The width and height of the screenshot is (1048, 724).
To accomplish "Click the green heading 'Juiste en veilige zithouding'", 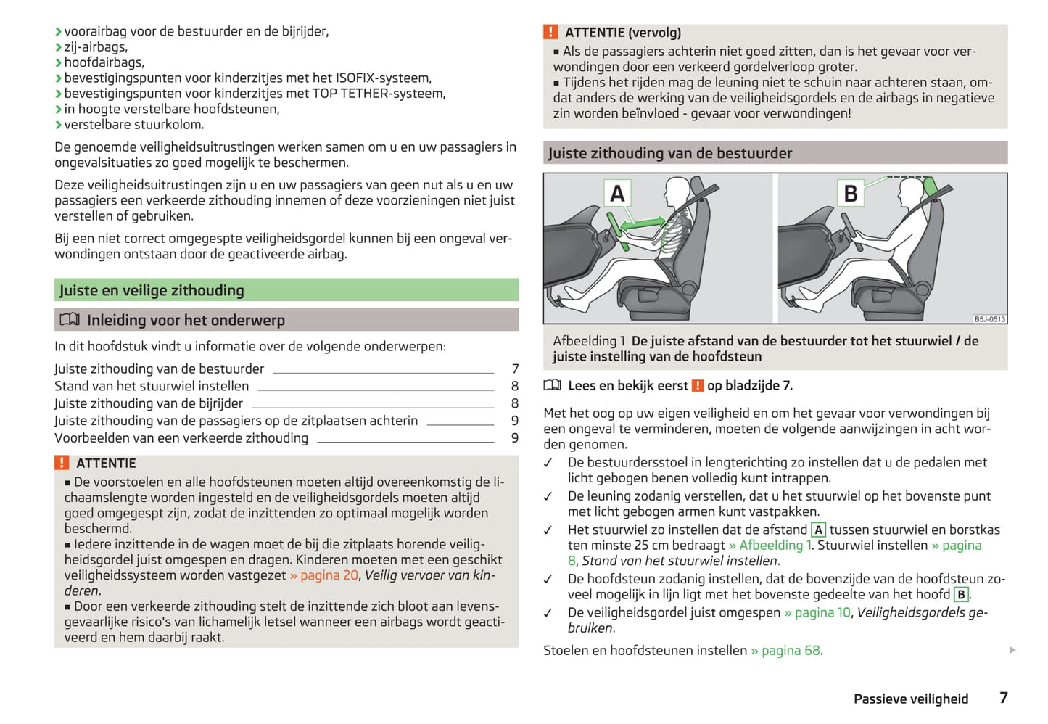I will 152,290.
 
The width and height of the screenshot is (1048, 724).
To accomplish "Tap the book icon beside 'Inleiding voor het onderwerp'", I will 70,320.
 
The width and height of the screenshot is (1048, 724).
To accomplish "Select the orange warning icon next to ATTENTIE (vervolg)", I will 551,33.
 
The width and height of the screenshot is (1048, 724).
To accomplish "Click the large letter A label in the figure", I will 617,194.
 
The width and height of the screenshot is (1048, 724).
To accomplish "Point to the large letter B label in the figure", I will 851,194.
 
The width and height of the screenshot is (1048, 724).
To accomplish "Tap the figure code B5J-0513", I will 989,319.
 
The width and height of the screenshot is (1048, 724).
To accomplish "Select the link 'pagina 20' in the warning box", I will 329,575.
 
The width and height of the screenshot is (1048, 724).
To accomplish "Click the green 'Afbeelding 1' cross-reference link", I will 774,545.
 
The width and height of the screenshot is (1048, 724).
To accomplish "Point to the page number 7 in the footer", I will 1004,698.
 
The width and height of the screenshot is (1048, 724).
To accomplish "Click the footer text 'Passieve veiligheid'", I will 911,699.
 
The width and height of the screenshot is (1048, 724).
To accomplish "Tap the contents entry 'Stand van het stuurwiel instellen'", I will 152,386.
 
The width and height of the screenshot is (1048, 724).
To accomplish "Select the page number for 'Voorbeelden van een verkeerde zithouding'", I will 515,438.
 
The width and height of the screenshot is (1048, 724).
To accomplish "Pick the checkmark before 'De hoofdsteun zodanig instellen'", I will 548,580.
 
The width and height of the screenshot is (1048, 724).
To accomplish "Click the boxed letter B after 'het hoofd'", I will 961,595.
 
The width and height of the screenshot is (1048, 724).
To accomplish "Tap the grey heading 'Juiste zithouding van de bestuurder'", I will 670,153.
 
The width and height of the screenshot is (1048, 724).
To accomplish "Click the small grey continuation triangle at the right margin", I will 1012,650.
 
